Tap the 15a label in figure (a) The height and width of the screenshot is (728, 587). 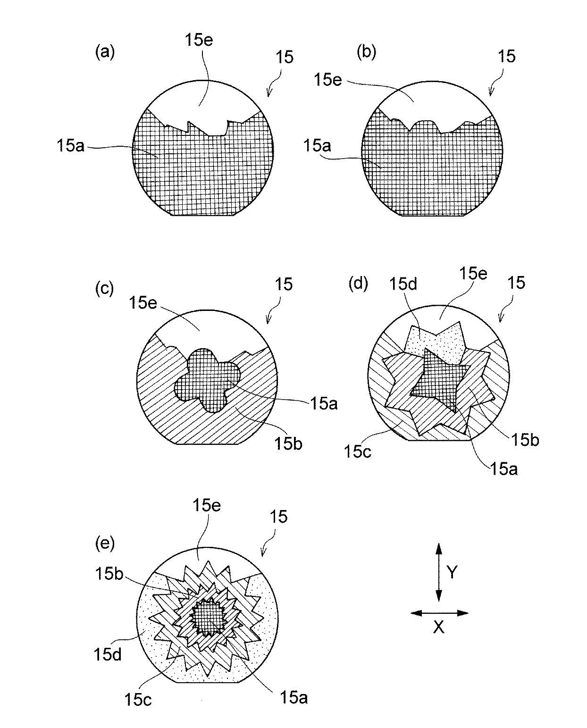coord(69,147)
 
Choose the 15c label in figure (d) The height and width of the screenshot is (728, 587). coord(357,452)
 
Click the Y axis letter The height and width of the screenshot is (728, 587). coord(453,573)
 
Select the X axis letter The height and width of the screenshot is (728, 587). coord(439,627)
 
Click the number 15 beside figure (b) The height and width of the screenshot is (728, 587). coord(506,57)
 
